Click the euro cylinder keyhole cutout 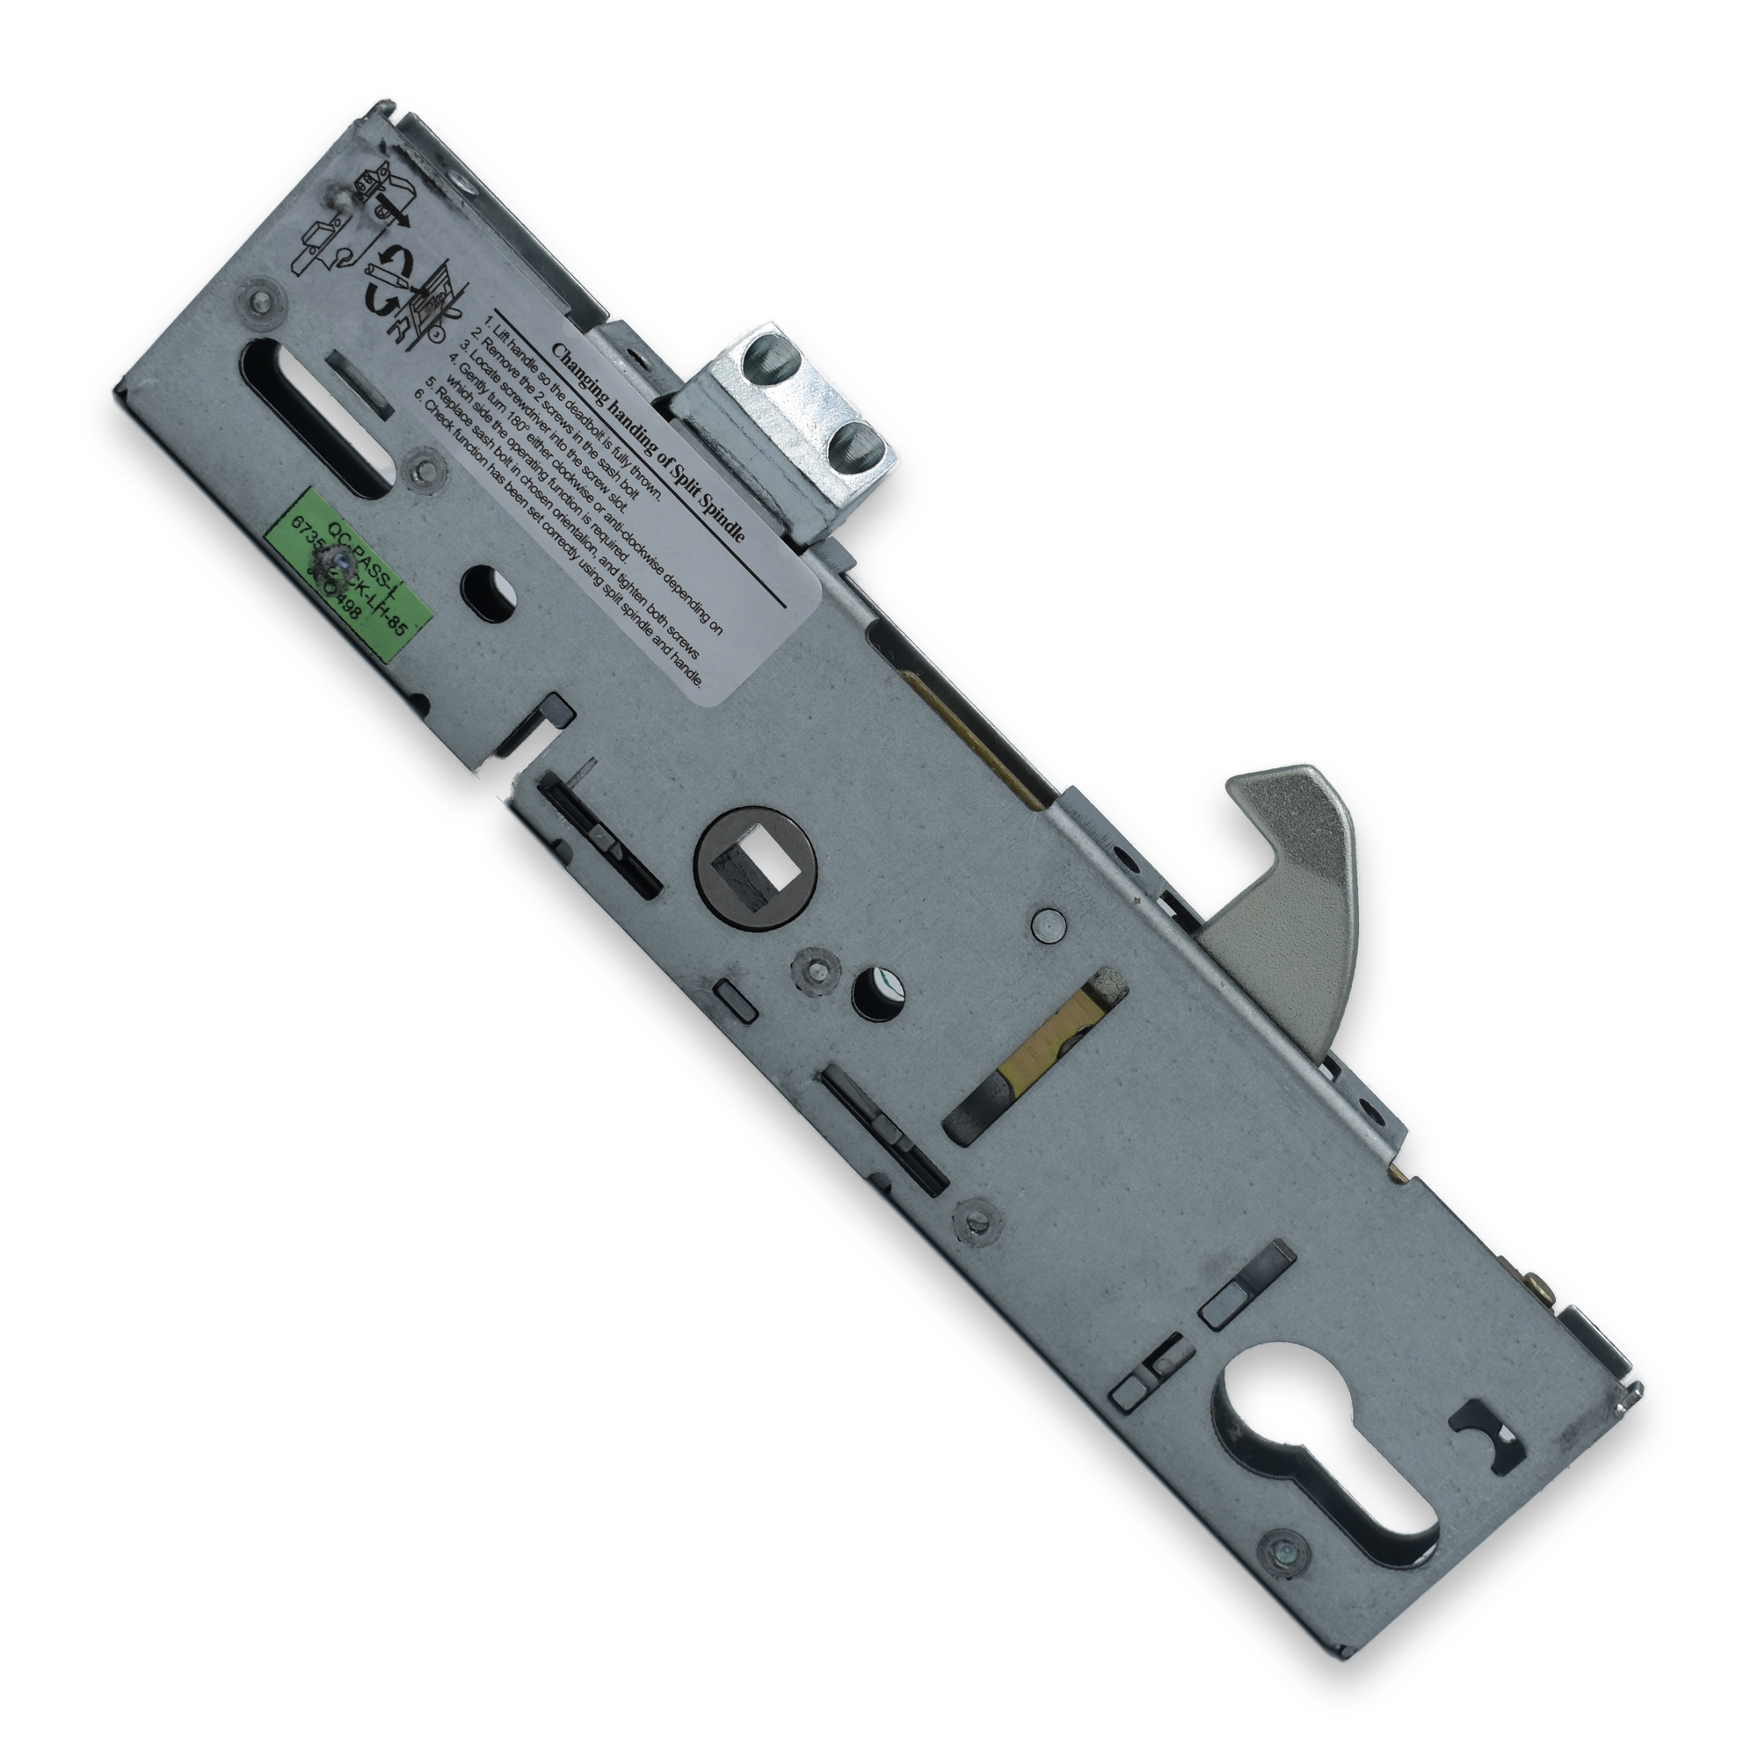[x=1324, y=1440]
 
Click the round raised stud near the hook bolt [x=1050, y=925]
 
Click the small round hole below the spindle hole [x=875, y=993]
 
